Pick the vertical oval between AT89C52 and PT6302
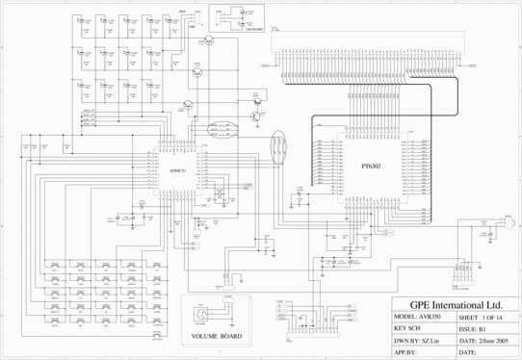[279, 151]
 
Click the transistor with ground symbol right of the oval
[254, 114]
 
